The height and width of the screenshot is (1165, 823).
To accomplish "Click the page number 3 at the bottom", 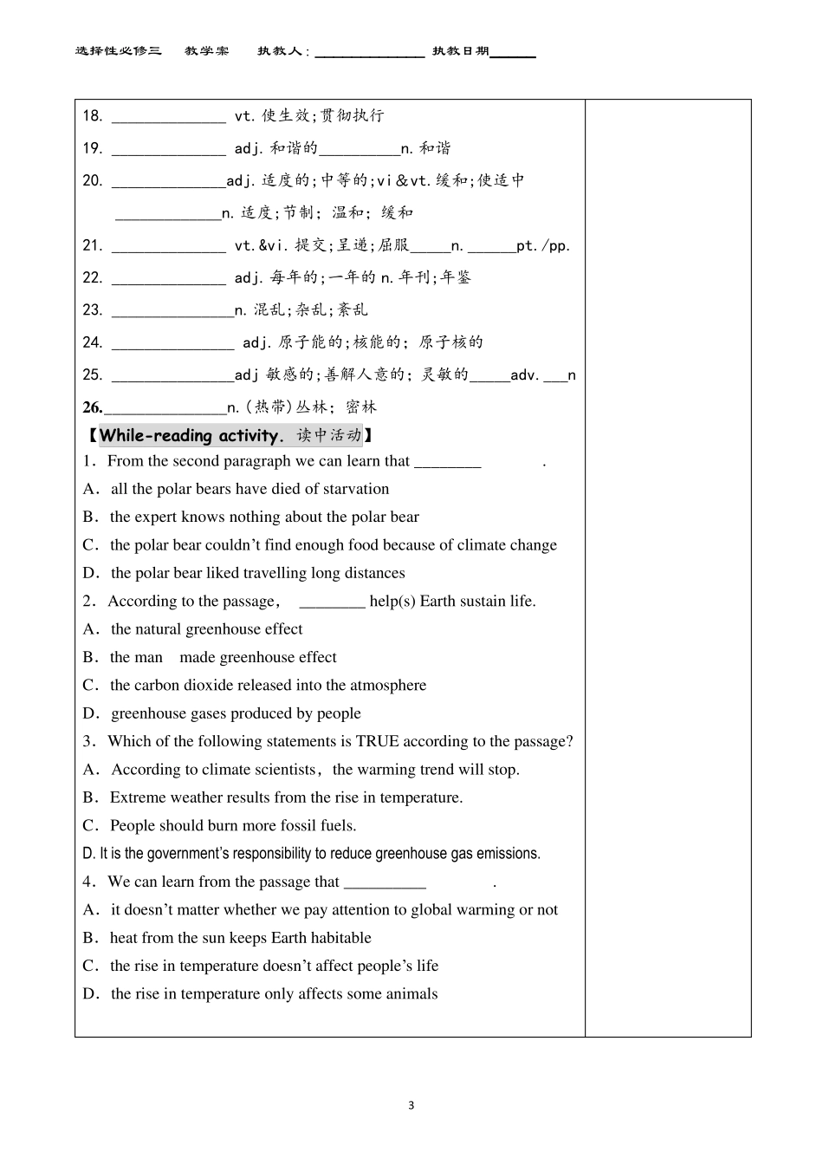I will [411, 1105].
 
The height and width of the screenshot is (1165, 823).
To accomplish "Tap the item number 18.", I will [92, 116].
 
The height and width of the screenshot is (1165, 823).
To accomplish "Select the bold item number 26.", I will [92, 407].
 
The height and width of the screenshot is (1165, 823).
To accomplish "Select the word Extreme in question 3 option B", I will [137, 797].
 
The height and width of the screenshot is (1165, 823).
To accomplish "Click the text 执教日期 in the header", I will [461, 51].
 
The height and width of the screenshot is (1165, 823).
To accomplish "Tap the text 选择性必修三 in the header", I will [119, 51].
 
